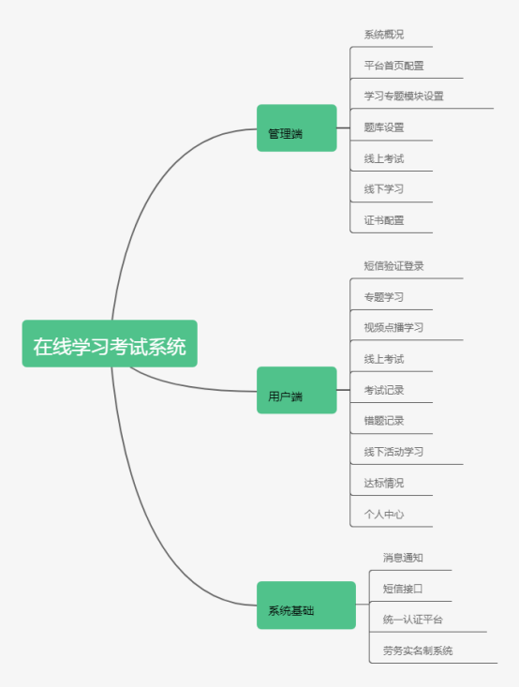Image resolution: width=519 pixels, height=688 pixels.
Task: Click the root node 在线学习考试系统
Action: click(110, 344)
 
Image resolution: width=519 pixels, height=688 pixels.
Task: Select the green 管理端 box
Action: click(297, 128)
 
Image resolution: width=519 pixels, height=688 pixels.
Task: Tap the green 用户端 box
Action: click(297, 390)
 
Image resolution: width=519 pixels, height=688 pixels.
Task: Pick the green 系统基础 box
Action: click(306, 606)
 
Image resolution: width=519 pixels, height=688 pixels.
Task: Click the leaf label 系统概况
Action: click(384, 35)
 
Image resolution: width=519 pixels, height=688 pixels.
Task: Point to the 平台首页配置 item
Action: click(394, 66)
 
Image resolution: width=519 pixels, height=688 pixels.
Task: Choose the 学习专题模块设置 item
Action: click(404, 97)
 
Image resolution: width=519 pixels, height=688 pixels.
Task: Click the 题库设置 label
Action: click(384, 127)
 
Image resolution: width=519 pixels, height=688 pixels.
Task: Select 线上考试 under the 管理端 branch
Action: click(384, 158)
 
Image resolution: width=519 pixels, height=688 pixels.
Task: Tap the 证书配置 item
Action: click(384, 220)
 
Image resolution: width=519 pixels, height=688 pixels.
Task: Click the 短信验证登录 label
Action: click(394, 266)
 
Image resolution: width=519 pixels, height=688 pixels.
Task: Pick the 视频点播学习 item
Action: click(394, 327)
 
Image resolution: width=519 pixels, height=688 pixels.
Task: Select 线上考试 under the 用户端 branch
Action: click(384, 359)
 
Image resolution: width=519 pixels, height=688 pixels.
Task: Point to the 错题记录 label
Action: click(384, 421)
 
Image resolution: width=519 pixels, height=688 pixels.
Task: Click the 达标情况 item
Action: click(384, 483)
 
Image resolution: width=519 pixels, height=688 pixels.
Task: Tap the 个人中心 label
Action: click(384, 515)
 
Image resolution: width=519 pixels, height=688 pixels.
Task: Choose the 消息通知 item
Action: click(403, 558)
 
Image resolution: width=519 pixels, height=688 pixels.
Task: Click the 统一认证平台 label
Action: click(413, 620)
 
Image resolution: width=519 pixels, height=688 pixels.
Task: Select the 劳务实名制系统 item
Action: click(418, 651)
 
